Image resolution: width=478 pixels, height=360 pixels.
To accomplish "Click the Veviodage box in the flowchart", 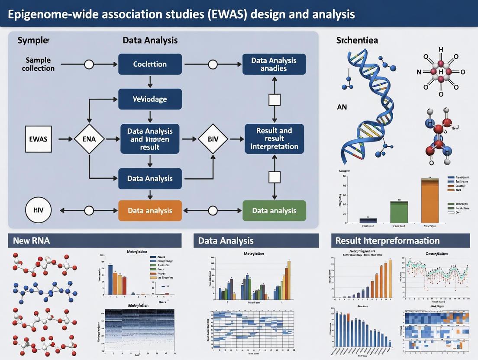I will [150, 99].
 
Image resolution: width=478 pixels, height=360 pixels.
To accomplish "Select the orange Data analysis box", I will [150, 211].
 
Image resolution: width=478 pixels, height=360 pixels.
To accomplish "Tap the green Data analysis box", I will [274, 211].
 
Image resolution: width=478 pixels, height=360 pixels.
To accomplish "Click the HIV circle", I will [39, 211].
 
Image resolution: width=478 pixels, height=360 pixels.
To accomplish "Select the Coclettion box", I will [150, 64].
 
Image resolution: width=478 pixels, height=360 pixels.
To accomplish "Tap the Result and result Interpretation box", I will [274, 138].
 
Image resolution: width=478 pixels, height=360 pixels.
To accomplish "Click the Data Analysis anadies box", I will [274, 64].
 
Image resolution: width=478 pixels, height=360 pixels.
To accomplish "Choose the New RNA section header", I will [31, 241].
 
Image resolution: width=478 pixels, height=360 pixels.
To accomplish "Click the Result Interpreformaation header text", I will [388, 241].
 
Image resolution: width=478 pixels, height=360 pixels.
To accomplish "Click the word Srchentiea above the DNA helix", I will [357, 40].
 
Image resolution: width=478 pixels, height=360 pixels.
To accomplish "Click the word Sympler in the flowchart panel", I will [33, 40].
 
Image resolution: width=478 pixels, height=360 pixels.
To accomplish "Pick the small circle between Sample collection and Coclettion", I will [89, 64].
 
